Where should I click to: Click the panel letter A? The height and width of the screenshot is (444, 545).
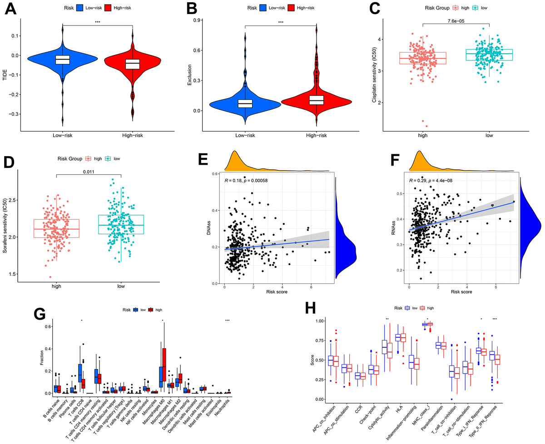tap(10, 9)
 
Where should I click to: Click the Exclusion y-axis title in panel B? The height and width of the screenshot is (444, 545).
tap(190, 73)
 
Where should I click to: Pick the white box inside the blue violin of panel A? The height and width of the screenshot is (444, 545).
tap(63, 59)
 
